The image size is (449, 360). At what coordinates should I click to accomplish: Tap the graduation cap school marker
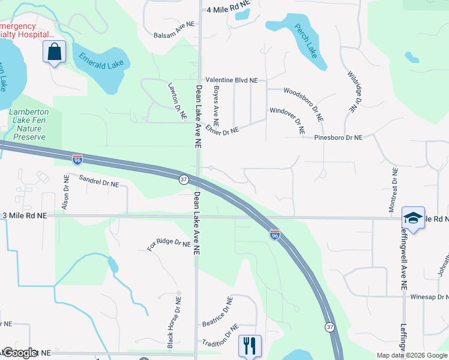(413, 218)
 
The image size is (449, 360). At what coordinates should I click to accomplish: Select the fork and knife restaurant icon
(250, 346)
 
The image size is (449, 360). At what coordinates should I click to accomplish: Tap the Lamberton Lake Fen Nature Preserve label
(27, 124)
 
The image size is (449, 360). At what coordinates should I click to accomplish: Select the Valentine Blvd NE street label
(231, 80)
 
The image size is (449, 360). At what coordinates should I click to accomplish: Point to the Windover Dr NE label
(287, 119)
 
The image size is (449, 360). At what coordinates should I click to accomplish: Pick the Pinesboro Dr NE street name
(339, 137)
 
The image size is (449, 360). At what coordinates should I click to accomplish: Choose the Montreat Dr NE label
(394, 188)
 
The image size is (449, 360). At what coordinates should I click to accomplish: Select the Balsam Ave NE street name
(175, 35)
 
